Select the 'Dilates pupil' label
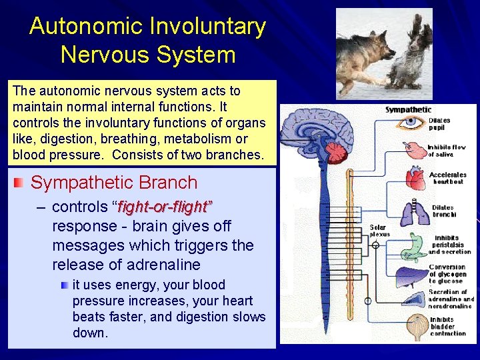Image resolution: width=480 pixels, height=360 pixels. [x=439, y=124]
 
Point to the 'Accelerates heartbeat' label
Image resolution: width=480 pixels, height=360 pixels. [x=447, y=178]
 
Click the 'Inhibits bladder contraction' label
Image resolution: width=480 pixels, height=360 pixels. [x=447, y=326]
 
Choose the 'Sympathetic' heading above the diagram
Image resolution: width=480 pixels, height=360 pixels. [x=408, y=109]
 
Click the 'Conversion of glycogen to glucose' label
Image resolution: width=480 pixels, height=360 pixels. [x=447, y=274]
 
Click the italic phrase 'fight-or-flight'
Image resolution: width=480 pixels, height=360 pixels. [x=165, y=207]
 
